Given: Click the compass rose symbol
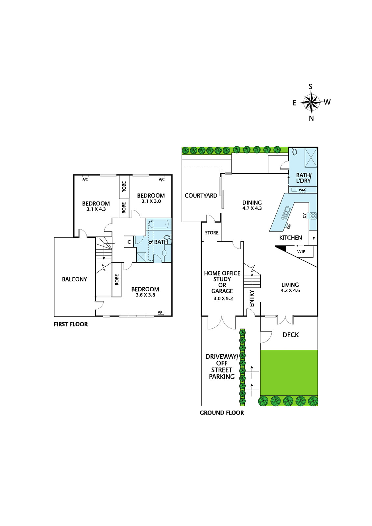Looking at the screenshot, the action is tap(311, 102).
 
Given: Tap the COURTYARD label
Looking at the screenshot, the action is tap(201, 195).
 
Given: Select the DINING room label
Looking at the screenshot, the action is tap(252, 203).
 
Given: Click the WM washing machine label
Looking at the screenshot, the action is tap(302, 190).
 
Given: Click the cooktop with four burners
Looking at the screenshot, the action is tap(313, 216).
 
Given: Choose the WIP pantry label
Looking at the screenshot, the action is tap(301, 251).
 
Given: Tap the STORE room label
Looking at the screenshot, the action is tap(212, 233).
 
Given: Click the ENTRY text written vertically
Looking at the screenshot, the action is tap(252, 298).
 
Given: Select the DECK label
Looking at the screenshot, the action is tap(290, 335).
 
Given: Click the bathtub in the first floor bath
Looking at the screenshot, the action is tap(159, 224).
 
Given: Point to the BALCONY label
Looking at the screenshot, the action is tap(74, 279).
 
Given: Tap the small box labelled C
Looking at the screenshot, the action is tap(129, 242).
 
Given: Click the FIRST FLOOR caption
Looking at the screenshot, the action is tap(71, 324).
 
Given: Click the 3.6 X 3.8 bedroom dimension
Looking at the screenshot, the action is tap(145, 295).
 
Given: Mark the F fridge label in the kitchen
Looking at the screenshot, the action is tap(313, 239).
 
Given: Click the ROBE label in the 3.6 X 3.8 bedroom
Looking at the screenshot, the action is tap(117, 280).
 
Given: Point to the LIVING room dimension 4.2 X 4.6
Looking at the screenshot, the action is tap(290, 291).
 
